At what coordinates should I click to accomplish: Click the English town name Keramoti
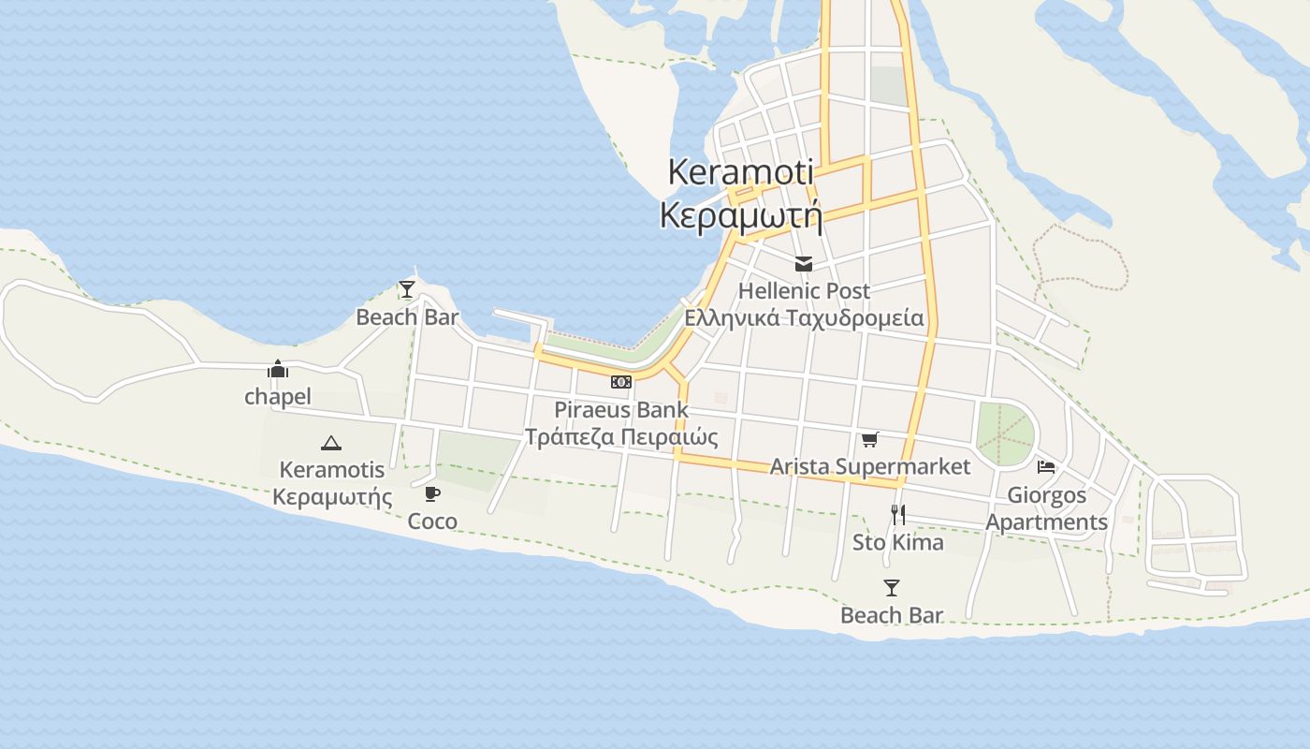click(740, 172)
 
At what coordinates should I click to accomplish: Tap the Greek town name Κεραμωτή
click(740, 215)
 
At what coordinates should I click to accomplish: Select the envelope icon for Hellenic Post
click(804, 264)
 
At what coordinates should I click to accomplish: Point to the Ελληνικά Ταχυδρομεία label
click(804, 318)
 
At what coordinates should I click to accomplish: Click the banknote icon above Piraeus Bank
click(621, 382)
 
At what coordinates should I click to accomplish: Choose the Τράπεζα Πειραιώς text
click(621, 437)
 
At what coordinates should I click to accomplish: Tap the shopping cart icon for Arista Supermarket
click(870, 439)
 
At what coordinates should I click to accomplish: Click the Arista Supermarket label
click(870, 466)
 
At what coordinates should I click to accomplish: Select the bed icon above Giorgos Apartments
click(1046, 466)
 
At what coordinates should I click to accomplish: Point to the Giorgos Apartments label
click(1046, 508)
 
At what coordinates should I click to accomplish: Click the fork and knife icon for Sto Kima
click(897, 514)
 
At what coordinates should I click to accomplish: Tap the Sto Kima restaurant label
click(897, 542)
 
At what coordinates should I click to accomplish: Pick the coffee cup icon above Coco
click(431, 493)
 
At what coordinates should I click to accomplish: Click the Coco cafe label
click(432, 521)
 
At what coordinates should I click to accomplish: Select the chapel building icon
click(278, 370)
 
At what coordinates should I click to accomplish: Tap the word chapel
click(278, 397)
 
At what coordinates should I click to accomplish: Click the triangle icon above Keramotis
click(330, 443)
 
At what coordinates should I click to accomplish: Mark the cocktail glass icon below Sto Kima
click(892, 588)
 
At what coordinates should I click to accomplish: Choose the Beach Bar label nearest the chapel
click(407, 317)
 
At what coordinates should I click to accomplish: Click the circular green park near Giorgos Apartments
click(1006, 433)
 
